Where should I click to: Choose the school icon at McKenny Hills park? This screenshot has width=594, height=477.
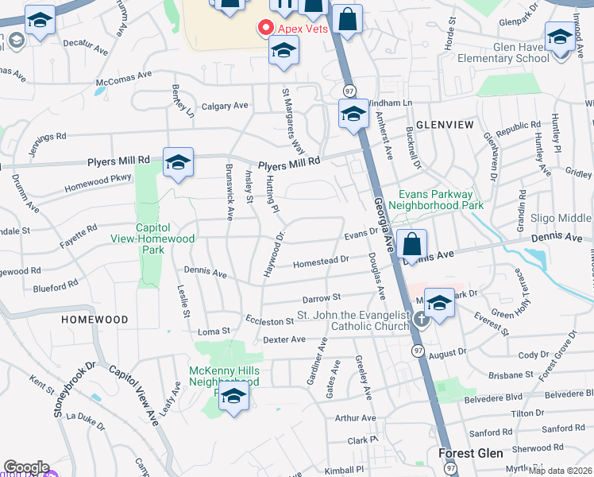point(233,397)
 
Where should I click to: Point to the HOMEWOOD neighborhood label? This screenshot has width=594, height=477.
point(94,319)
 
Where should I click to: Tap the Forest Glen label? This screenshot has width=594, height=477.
point(469,453)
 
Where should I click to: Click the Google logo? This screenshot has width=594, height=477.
point(26,467)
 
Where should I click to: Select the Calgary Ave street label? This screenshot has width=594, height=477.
point(225,106)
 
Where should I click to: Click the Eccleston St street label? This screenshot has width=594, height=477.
point(269,321)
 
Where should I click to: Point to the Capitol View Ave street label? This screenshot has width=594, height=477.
point(133,394)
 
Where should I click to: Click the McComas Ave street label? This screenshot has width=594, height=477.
point(123,77)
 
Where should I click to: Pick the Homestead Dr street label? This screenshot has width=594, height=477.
point(321,260)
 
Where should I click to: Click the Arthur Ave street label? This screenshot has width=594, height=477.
point(355,417)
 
